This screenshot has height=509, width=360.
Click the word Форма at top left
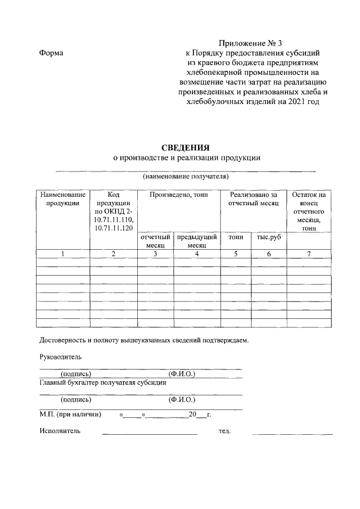point(51,53)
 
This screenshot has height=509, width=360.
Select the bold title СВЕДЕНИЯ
point(186,147)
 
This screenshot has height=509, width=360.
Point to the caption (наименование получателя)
point(185,177)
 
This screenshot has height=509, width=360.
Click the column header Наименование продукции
point(62,199)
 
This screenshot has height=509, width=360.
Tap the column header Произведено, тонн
point(178,195)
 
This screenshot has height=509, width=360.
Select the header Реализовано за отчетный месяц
point(253,199)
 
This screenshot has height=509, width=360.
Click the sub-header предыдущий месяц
point(196,242)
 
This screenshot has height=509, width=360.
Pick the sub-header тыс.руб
point(268,238)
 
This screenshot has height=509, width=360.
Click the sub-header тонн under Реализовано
point(236,238)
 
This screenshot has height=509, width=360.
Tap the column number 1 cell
point(62,254)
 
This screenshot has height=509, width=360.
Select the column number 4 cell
point(196,254)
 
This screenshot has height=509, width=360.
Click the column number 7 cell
point(309,254)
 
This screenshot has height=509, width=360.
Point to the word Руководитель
point(60,357)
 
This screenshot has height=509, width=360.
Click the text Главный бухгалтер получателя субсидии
point(102,382)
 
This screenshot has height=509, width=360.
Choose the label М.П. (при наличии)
point(70,415)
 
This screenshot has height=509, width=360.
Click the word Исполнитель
point(60,431)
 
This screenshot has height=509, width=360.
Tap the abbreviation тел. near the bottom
point(224,431)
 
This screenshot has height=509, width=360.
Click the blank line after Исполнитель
point(149,433)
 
